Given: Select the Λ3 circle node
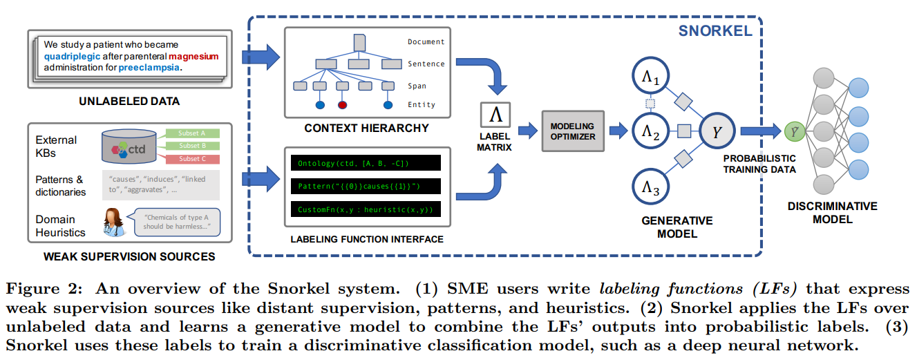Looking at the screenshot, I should (650, 187).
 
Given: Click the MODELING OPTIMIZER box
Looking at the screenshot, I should (572, 131).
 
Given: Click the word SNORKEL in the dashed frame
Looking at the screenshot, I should (715, 32).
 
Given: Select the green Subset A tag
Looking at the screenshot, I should (193, 133).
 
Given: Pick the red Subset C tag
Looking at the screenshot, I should (193, 159).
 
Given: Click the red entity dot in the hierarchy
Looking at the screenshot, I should (341, 105).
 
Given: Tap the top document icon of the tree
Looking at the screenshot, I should (359, 42).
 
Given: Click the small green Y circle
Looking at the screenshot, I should (793, 129).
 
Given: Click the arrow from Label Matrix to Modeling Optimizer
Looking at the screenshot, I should (528, 130).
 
